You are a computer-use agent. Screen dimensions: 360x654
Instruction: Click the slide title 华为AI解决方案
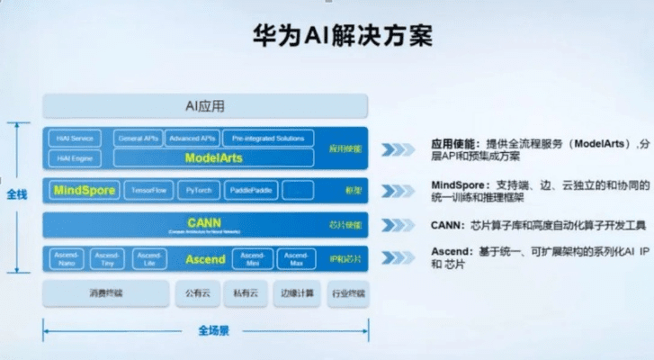pyautogui.click(x=327, y=37)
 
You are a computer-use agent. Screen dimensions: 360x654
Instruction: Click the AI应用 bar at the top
pyautogui.click(x=207, y=106)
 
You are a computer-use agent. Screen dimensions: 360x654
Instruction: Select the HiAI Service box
pyautogui.click(x=76, y=139)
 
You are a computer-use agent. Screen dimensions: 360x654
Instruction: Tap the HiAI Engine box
pyautogui.click(x=76, y=157)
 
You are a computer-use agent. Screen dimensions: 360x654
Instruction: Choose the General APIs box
pyautogui.click(x=138, y=139)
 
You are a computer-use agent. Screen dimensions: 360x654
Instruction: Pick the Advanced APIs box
pyautogui.click(x=192, y=139)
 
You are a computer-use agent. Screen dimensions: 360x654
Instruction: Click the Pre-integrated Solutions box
pyautogui.click(x=266, y=139)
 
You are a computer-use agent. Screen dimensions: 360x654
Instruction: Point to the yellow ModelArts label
pyautogui.click(x=213, y=158)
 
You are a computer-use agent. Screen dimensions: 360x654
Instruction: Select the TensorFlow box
pyautogui.click(x=148, y=191)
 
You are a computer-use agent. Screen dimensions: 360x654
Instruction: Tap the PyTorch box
pyautogui.click(x=199, y=191)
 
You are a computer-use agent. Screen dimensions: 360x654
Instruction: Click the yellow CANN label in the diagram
pyautogui.click(x=204, y=222)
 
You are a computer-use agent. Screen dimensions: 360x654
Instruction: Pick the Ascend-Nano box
pyautogui.click(x=65, y=259)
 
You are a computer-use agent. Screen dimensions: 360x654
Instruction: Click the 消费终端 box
pyautogui.click(x=106, y=293)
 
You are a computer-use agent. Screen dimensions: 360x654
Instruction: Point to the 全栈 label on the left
pyautogui.click(x=17, y=193)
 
